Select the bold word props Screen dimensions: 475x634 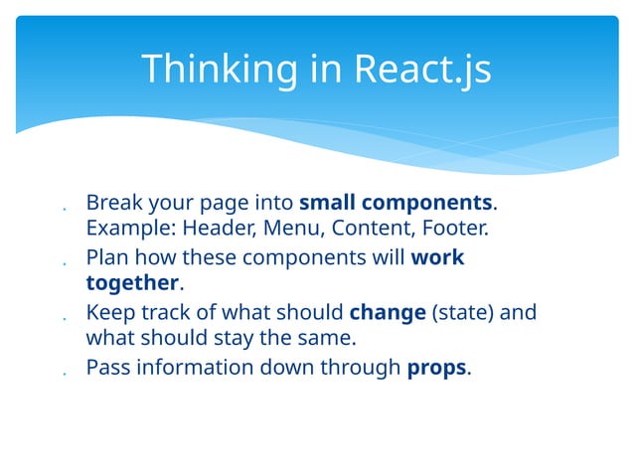coord(436,368)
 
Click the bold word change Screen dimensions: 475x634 coord(388,313)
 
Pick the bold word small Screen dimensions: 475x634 coord(327,203)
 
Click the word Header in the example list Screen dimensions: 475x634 coord(218,230)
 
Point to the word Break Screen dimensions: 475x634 coord(113,203)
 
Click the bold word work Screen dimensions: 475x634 coord(437,258)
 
